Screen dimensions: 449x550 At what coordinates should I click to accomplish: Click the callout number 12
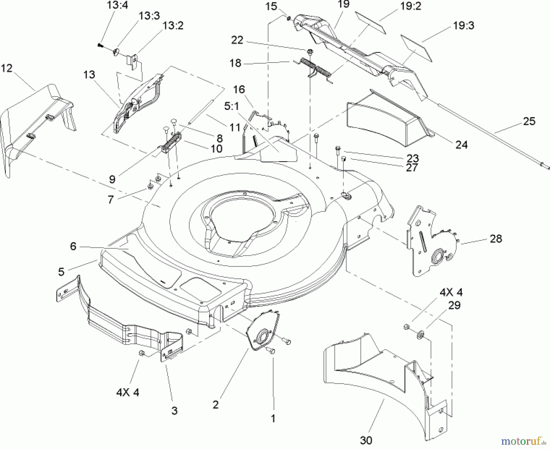(x=7, y=68)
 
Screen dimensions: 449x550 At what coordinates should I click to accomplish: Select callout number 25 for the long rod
(x=529, y=121)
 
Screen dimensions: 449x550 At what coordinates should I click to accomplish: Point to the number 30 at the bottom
(x=366, y=440)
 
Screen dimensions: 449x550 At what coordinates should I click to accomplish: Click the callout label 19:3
(x=463, y=26)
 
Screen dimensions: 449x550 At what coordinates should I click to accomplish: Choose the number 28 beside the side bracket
(x=496, y=239)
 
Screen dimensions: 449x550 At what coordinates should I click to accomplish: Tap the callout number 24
(x=461, y=144)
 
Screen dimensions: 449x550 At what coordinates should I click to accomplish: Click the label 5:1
(x=232, y=106)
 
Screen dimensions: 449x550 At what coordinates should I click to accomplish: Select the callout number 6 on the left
(x=73, y=246)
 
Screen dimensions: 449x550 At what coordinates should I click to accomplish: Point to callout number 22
(x=237, y=40)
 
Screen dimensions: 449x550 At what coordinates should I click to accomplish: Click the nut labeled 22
(x=310, y=50)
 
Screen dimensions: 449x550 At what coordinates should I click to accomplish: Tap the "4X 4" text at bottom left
(x=128, y=392)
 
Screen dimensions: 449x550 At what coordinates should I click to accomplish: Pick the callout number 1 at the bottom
(x=273, y=418)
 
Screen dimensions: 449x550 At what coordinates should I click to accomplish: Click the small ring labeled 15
(x=289, y=19)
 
